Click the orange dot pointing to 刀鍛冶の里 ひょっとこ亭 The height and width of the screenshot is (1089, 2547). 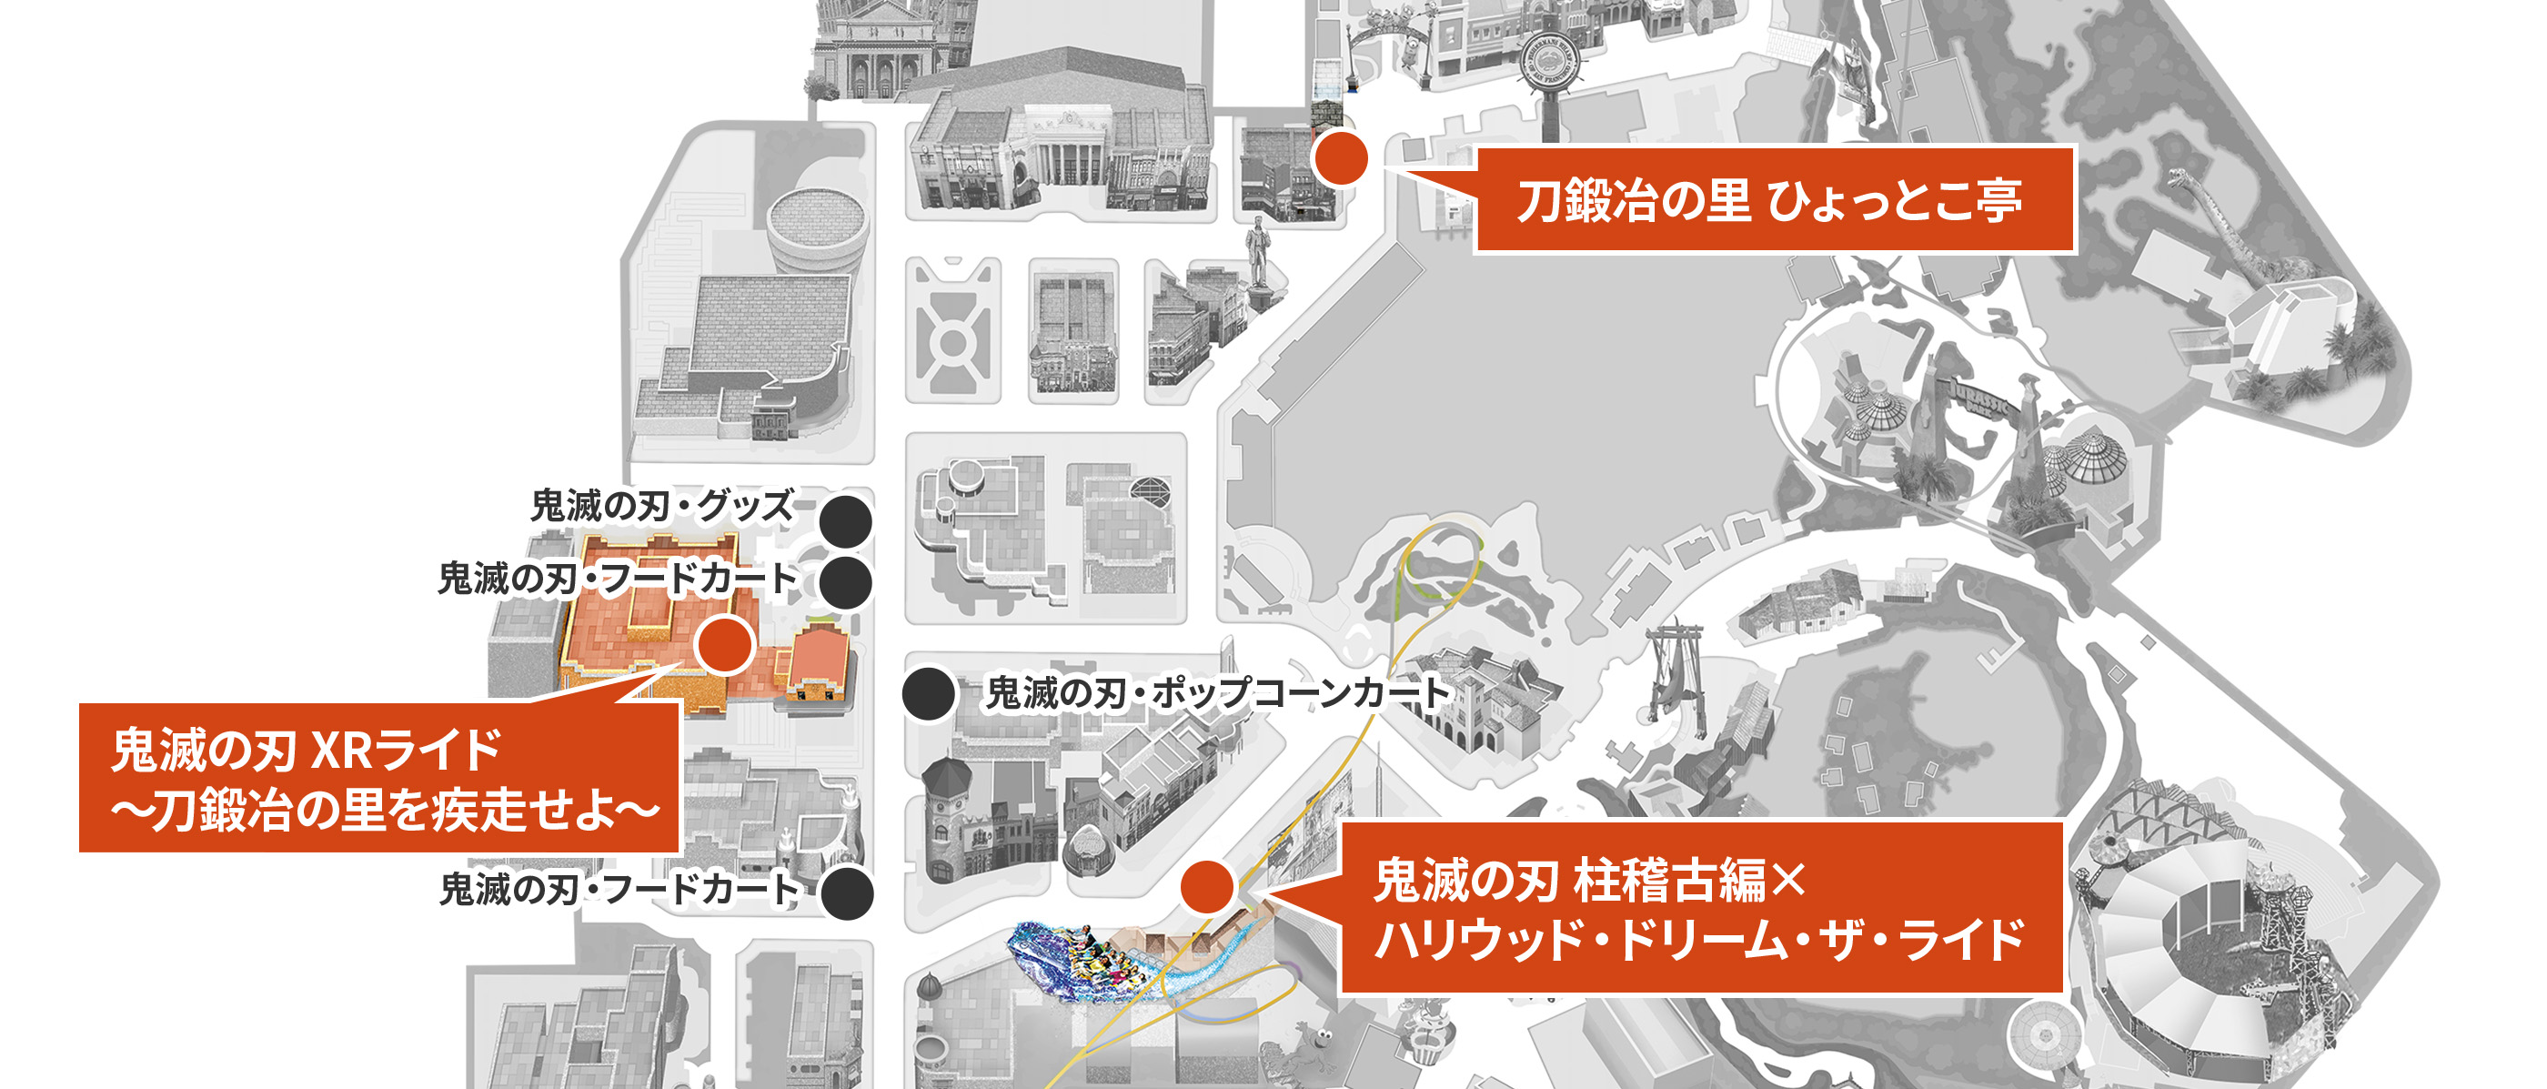(x=1340, y=158)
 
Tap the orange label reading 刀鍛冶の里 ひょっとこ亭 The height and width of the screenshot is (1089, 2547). (x=1773, y=200)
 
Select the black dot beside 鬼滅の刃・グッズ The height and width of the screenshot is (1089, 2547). (x=846, y=521)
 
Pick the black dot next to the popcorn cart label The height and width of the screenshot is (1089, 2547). (x=929, y=693)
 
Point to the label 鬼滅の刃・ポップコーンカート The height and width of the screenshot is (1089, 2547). (x=1217, y=692)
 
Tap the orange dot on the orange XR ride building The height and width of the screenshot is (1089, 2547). (x=725, y=645)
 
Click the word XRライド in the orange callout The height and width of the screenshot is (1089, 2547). (x=407, y=751)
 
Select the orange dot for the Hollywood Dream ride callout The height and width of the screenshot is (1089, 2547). (x=1206, y=886)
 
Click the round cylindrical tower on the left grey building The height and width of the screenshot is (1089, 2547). (x=818, y=229)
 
